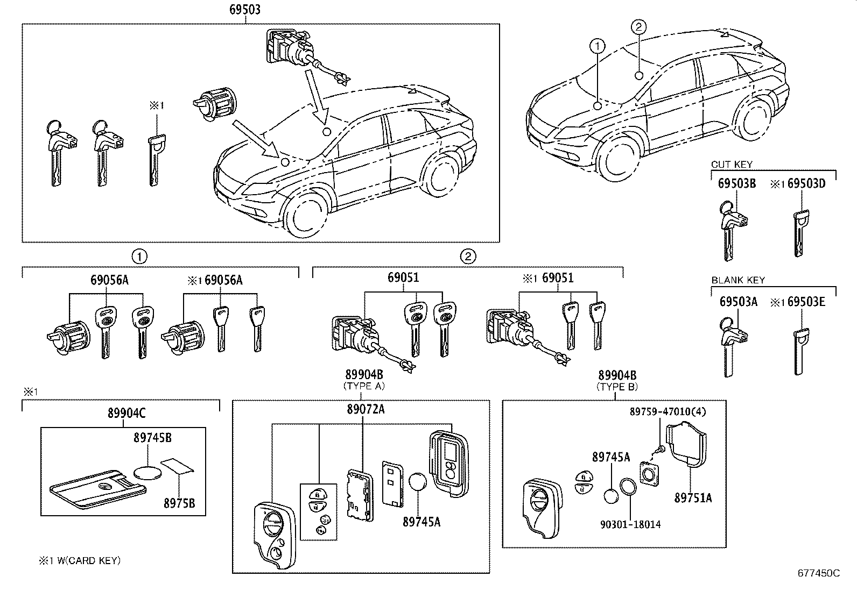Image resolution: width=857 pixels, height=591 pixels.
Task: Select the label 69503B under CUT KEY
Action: (x=736, y=184)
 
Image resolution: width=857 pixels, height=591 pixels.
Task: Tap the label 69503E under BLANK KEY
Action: (x=806, y=302)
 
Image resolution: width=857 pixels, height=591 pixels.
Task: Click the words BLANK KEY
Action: (x=737, y=280)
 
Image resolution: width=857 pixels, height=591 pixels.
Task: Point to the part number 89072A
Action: (x=366, y=410)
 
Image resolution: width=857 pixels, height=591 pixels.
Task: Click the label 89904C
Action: (x=127, y=413)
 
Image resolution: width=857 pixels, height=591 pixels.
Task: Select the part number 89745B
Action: (x=152, y=438)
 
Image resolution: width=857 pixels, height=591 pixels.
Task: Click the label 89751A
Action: (x=693, y=499)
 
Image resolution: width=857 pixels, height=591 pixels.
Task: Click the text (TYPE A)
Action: (x=364, y=386)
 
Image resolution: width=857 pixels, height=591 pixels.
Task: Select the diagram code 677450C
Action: (x=818, y=573)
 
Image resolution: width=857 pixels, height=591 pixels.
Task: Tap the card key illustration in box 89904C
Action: (x=97, y=488)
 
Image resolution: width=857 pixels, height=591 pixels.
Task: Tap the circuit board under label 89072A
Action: (x=360, y=494)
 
